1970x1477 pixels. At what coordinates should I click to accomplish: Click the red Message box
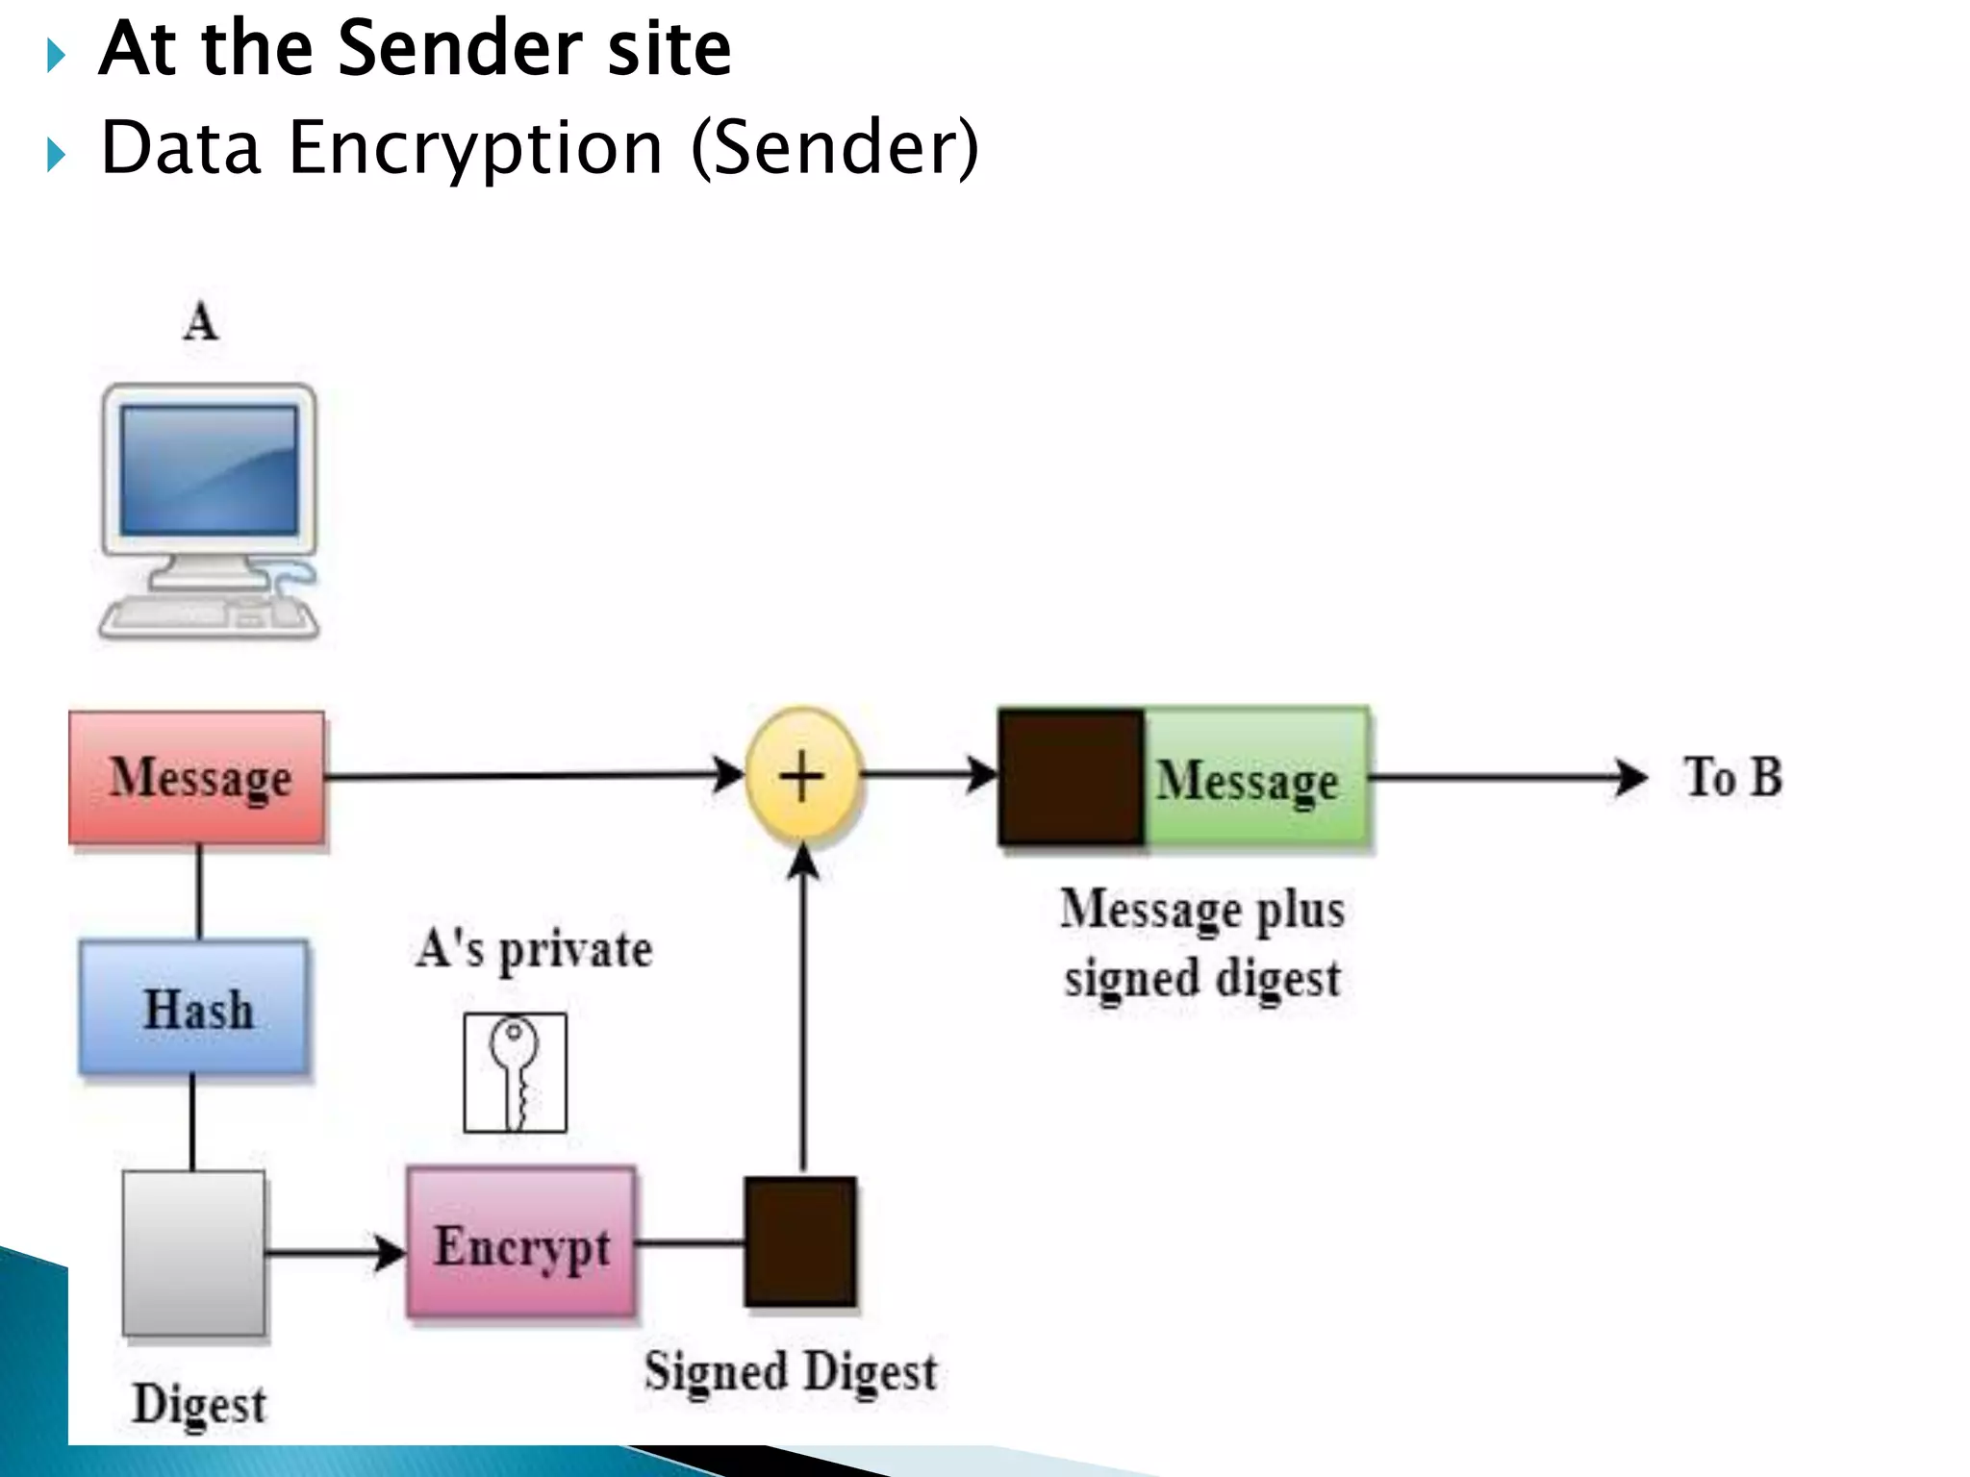[196, 778]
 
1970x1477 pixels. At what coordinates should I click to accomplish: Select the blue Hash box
[194, 1008]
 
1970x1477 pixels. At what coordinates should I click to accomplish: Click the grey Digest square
[193, 1253]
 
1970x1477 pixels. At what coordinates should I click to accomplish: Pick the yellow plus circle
[802, 776]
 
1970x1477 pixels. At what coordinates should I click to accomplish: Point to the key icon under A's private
[515, 1072]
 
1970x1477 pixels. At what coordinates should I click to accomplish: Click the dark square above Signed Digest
[800, 1241]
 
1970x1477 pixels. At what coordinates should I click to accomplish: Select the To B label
[1732, 777]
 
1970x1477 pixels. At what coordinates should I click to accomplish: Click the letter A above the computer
[200, 321]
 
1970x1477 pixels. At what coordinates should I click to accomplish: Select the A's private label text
[535, 950]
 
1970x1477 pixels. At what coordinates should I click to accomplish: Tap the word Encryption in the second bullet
[475, 149]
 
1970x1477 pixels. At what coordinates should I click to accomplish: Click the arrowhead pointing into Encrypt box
[390, 1253]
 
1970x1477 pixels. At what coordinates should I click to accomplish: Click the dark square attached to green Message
[1071, 778]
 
